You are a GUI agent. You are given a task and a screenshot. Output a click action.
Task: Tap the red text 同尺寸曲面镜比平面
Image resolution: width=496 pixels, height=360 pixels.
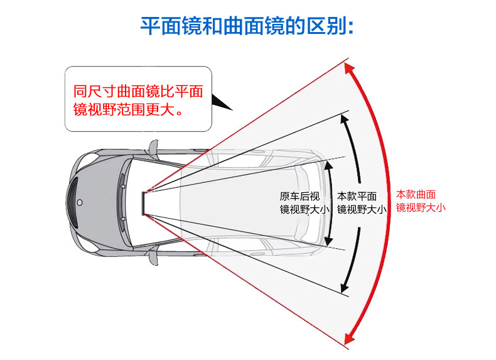138,90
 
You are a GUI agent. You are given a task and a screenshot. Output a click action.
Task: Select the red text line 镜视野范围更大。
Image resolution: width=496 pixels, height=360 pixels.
131,111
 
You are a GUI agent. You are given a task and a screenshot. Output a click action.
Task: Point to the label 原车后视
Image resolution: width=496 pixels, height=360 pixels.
299,195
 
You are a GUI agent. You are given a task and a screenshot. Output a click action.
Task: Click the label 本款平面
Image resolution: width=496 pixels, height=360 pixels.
357,195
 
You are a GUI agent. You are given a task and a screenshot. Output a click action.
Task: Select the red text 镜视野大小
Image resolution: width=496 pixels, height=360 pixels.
421,207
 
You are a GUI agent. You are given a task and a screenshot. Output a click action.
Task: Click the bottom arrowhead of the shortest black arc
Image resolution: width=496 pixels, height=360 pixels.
328,241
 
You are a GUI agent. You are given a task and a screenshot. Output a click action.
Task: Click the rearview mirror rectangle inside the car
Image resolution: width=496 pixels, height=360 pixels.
144,202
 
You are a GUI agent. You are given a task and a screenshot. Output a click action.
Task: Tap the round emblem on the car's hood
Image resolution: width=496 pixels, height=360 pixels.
80,203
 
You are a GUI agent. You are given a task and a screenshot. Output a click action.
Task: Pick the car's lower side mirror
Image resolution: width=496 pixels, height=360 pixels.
153,258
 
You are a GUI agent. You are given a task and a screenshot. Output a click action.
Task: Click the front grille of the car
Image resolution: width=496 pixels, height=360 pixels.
72,202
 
